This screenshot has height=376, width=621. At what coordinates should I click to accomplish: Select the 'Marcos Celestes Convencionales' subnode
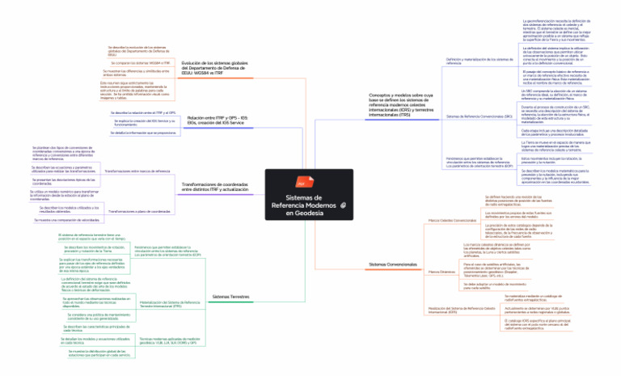453,220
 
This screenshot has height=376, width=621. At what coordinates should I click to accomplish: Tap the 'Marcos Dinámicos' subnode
441,272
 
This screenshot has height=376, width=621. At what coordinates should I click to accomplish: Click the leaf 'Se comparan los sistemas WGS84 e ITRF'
139,62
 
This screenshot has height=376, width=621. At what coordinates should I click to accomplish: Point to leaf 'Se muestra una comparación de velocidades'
66,220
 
